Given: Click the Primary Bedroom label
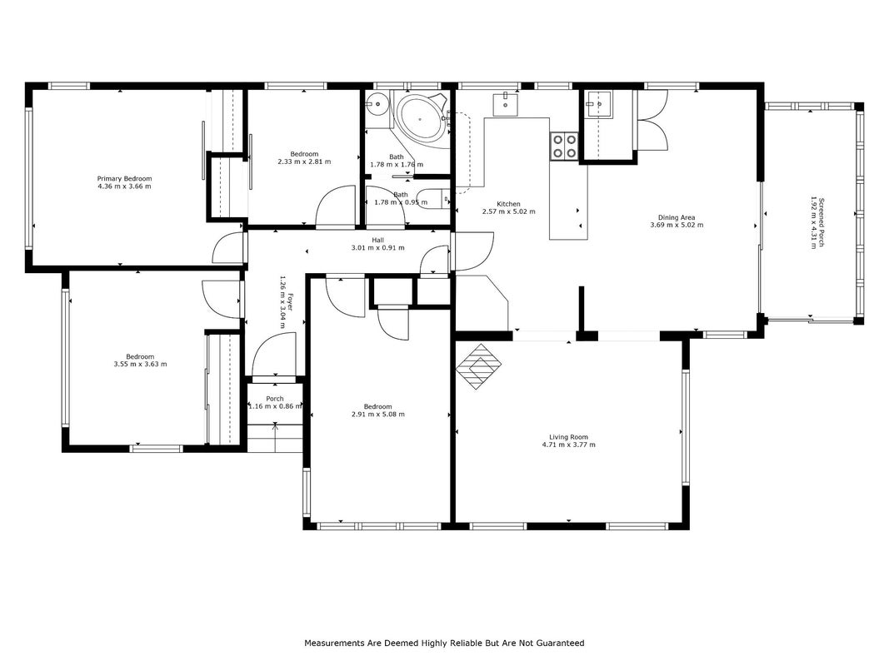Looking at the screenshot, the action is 124,179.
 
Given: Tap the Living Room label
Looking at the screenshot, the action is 569,437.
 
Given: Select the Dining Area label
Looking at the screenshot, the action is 677,217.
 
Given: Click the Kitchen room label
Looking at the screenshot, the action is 508,204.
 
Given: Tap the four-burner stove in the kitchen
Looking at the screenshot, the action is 564,147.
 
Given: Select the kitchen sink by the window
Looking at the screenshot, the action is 505,104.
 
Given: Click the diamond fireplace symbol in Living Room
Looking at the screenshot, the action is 480,366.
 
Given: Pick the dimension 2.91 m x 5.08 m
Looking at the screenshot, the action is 378,414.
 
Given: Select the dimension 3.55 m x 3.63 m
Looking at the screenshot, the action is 140,364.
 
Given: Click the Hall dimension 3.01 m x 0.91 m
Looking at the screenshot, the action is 378,247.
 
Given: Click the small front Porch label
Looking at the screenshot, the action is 275,399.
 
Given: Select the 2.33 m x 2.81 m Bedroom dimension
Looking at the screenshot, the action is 304,162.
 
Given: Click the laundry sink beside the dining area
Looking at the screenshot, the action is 599,105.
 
